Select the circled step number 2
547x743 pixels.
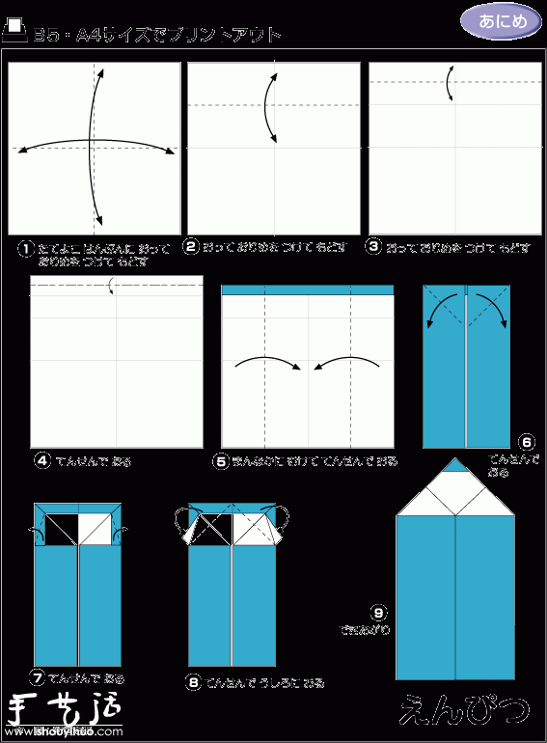(192, 248)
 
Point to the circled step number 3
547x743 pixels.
(375, 248)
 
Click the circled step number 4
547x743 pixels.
(41, 460)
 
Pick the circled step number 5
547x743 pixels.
(222, 461)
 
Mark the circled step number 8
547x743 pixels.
(195, 681)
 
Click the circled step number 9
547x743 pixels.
(379, 612)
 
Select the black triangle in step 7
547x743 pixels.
(65, 528)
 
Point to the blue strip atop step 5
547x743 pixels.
(308, 289)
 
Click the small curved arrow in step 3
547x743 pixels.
(451, 84)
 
